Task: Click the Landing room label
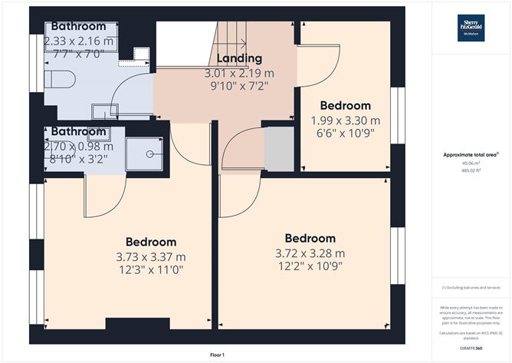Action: coord(238,58)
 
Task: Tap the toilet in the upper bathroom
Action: coord(57,80)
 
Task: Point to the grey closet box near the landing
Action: coord(278,150)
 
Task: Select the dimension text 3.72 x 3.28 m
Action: coord(310,252)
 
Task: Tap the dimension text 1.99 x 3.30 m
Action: coord(345,120)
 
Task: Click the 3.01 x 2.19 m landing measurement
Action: coord(238,73)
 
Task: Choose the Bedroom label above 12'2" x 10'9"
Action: coord(310,238)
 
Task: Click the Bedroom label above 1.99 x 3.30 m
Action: coord(345,105)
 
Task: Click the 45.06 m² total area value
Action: coord(471,163)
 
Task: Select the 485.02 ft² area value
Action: coord(471,170)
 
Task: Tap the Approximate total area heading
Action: coord(471,154)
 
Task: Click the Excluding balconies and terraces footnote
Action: coord(471,287)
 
